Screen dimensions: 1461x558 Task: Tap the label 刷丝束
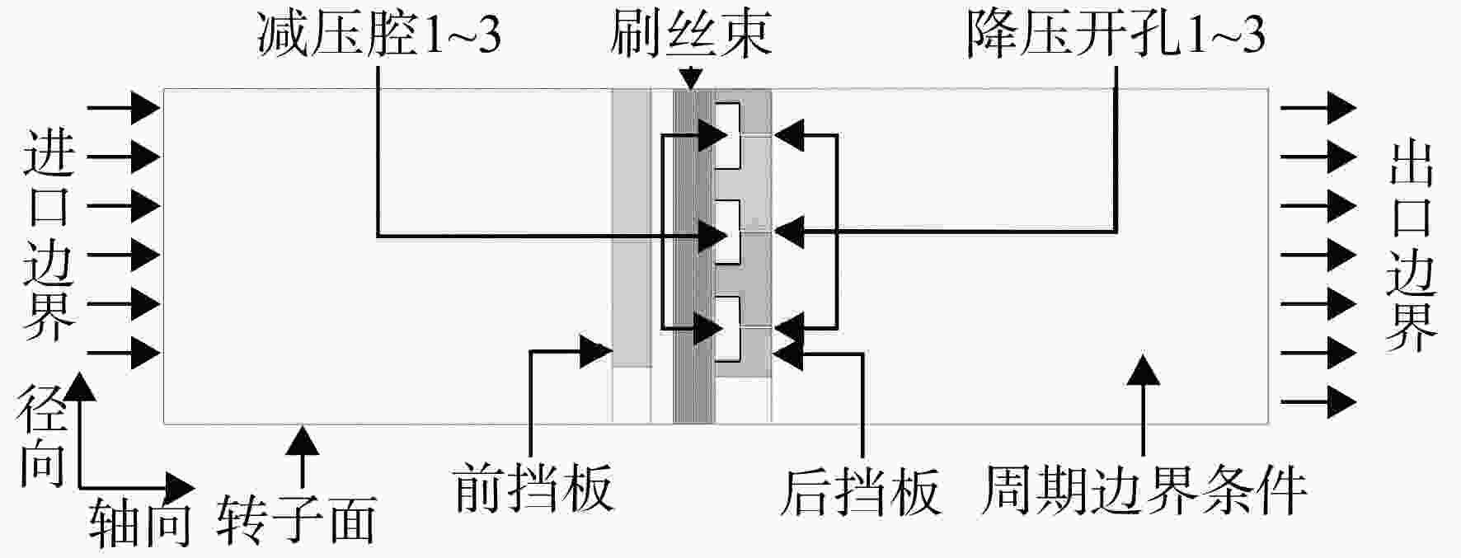pyautogui.click(x=691, y=35)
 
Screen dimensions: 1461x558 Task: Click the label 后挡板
pyautogui.click(x=860, y=492)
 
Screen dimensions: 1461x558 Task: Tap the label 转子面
pyautogui.click(x=297, y=520)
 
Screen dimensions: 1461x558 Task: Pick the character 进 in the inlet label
pyautogui.click(x=49, y=152)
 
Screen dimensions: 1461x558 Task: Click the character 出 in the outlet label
pyautogui.click(x=1412, y=164)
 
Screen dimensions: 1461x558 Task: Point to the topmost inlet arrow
pyautogui.click(x=123, y=106)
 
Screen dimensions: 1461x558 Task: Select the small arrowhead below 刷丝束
pyautogui.click(x=691, y=79)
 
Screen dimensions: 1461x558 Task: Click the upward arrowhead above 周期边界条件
pyautogui.click(x=1144, y=370)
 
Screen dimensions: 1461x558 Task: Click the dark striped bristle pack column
pyautogui.click(x=693, y=256)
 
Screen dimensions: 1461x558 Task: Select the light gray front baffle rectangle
pyautogui.click(x=632, y=227)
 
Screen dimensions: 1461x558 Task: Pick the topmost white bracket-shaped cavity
pyautogui.click(x=728, y=136)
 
